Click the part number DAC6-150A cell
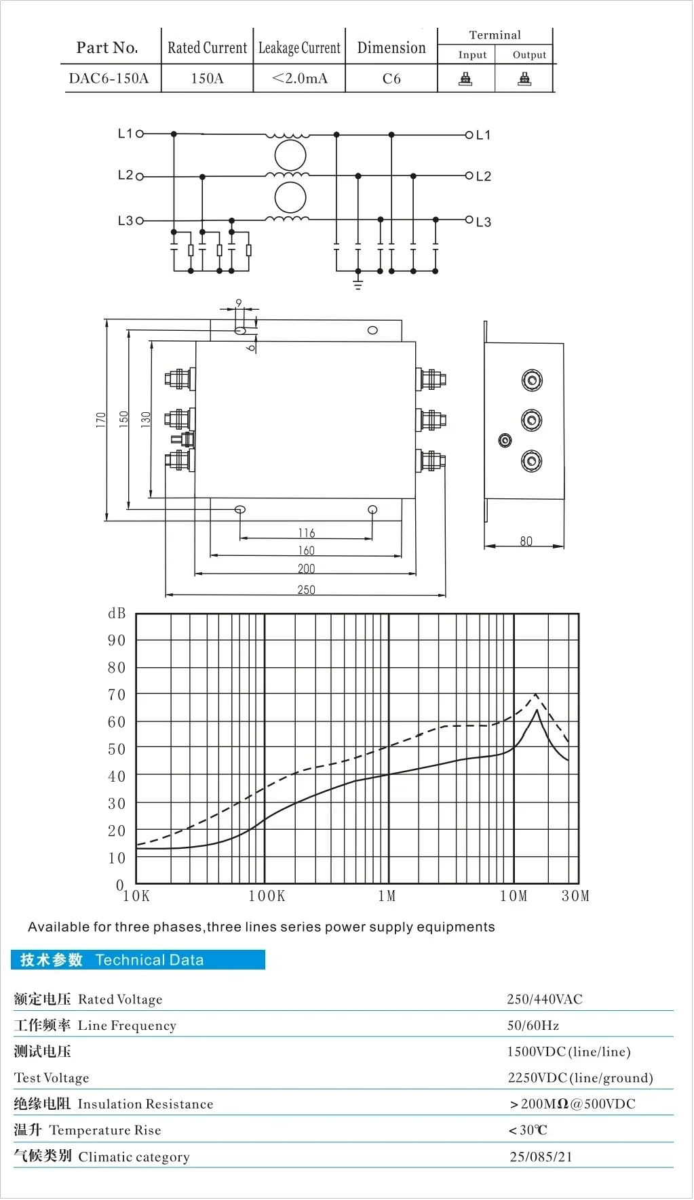(109, 79)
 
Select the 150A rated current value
(207, 79)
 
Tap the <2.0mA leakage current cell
(299, 79)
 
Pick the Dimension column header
(391, 47)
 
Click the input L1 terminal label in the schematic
(126, 134)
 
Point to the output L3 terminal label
(483, 222)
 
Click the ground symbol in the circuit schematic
(358, 283)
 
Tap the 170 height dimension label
(101, 420)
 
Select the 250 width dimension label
(306, 590)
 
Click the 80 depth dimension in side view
(526, 541)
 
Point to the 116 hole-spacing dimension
(306, 533)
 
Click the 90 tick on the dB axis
(117, 641)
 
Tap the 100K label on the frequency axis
(267, 896)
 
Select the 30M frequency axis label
(575, 896)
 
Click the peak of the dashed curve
(536, 694)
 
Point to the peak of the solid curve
(537, 710)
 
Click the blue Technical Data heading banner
(138, 960)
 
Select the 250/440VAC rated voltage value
(545, 999)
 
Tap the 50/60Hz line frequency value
(533, 1026)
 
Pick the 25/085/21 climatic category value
(541, 1157)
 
